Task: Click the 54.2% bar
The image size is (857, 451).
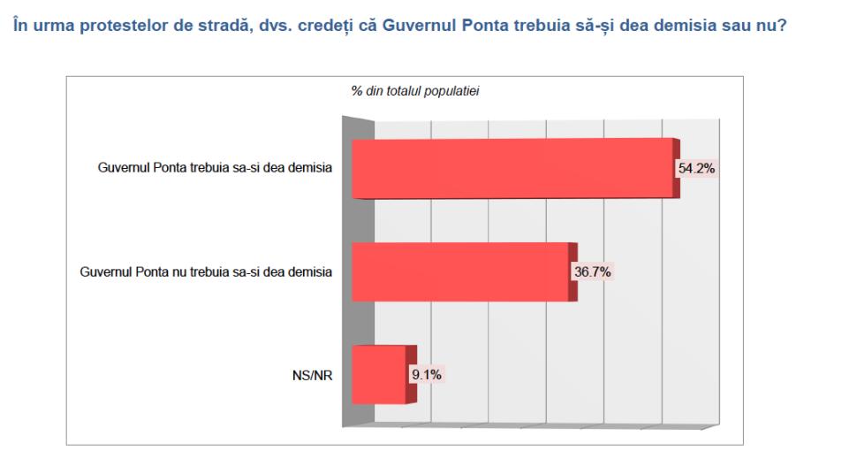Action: tap(512, 168)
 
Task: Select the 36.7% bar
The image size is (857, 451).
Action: tap(459, 271)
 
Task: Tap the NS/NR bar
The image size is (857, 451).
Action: tap(379, 374)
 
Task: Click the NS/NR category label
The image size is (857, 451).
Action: tap(315, 374)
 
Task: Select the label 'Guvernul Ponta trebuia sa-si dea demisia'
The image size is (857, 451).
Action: tap(216, 169)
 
